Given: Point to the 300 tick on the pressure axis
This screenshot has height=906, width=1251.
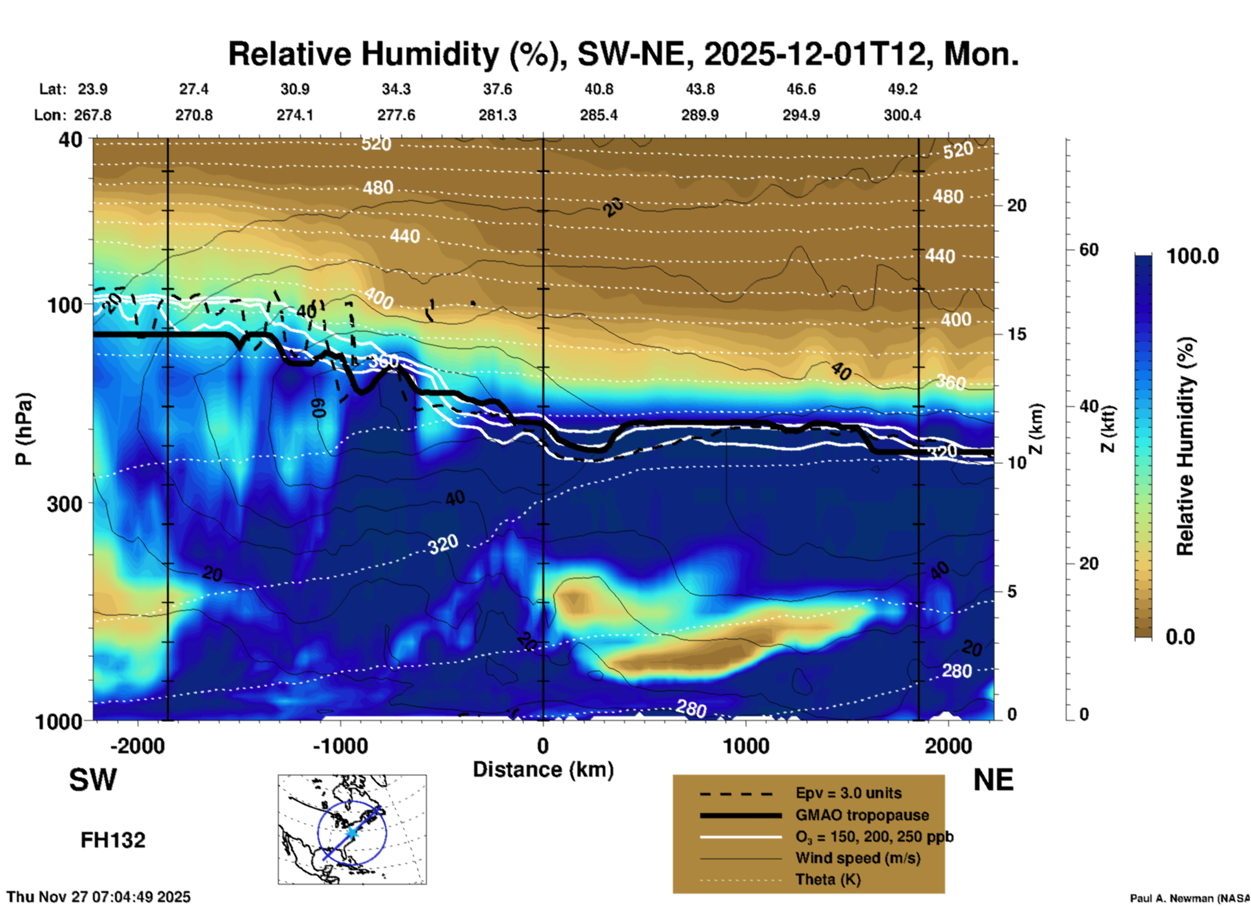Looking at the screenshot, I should [x=64, y=504].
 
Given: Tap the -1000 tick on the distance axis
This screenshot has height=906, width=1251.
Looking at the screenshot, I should [x=340, y=745].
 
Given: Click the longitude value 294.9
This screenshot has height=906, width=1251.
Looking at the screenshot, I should [x=801, y=115].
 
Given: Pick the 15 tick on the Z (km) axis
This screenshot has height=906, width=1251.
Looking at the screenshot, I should [x=1017, y=334].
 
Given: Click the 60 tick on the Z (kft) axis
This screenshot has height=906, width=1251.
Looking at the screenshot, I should [x=1089, y=250].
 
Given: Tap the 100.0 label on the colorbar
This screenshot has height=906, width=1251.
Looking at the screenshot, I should [x=1192, y=256].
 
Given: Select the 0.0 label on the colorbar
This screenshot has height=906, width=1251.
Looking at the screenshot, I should [x=1180, y=636].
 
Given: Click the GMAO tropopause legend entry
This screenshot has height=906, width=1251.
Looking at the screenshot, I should [x=862, y=815].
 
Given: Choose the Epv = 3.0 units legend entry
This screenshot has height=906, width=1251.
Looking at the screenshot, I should [x=848, y=793].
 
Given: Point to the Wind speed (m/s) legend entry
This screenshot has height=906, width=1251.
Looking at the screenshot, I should [x=857, y=858].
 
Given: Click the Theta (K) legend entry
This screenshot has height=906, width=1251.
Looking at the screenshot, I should [x=828, y=879].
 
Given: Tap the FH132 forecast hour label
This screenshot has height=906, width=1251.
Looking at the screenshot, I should [x=113, y=840].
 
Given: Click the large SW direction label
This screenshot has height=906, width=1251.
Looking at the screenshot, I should [x=93, y=780].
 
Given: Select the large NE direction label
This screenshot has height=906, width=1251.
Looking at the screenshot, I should [x=993, y=780].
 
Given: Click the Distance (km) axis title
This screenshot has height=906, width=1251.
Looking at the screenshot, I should [x=543, y=770].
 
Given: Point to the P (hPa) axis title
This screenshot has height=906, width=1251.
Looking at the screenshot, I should [x=23, y=429].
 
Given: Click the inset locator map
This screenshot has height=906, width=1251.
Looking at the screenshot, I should [x=352, y=829].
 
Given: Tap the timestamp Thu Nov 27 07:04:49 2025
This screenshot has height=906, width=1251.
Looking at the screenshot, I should [x=99, y=897].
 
